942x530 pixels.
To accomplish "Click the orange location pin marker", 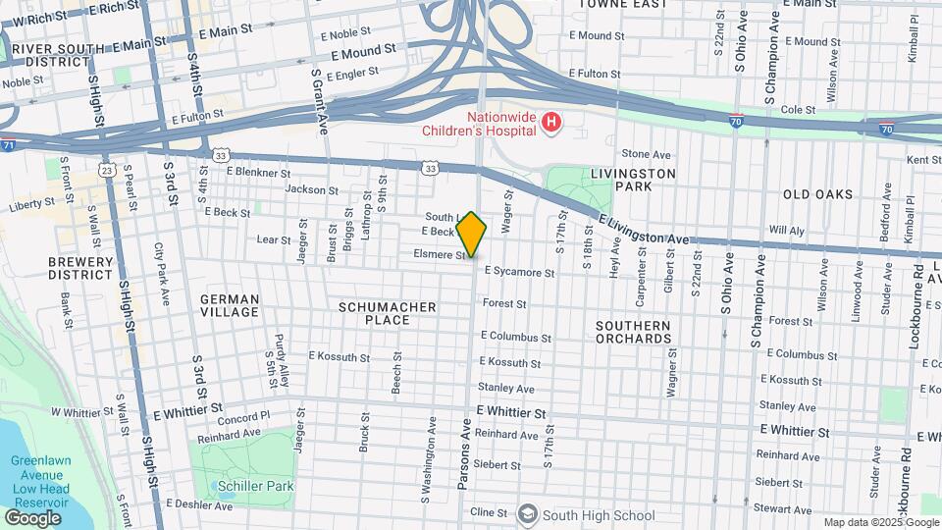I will pos(471,234).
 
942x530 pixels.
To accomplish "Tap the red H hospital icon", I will pos(552,123).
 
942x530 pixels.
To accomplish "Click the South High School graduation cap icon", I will pos(528,514).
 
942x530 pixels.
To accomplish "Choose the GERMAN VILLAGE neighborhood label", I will pos(230,305).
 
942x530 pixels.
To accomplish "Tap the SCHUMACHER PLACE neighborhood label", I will pos(387,313).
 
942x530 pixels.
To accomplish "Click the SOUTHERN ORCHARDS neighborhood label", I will pos(634,332).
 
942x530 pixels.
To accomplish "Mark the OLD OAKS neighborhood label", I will pos(817,194).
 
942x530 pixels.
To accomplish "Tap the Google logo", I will pos(32,517).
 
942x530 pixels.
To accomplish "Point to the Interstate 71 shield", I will pos(8,145).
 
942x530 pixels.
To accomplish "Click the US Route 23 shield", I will pos(106,170).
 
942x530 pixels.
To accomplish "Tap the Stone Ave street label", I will pos(646,154).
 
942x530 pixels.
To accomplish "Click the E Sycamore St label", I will pos(520,270).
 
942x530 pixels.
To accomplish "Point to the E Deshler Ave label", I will pos(198,504).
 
